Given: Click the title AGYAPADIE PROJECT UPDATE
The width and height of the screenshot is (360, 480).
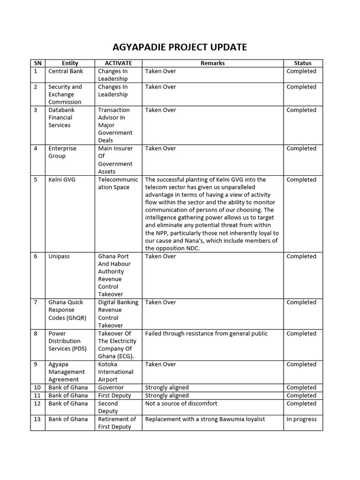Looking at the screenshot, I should pos(180,47).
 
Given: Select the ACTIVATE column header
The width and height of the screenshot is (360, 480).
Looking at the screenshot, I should pos(118,63).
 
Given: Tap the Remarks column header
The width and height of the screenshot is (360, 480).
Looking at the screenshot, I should pos(212,63).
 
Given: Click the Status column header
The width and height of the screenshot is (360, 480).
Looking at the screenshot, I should pos(302,63).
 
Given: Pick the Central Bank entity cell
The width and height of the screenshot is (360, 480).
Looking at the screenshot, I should pos(66,71).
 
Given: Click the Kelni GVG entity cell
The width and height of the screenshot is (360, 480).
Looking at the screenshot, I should pos(62,180).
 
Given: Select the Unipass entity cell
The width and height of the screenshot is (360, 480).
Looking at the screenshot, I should pos(60,256).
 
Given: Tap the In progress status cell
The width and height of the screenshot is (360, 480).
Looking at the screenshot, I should pos(301,419).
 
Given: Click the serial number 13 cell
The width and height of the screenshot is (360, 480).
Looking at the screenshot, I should pos(37,419).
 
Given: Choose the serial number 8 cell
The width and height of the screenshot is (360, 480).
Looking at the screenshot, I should pos(36,334).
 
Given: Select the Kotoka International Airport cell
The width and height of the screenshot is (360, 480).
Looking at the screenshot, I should pos(115,372).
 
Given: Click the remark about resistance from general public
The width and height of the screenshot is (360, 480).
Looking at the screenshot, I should pos(206,334).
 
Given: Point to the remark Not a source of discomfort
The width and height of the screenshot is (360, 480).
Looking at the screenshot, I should pos(181,404).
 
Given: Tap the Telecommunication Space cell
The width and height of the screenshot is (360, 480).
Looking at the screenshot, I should pos(118,183).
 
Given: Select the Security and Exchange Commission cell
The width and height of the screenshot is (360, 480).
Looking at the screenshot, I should pos(65,94).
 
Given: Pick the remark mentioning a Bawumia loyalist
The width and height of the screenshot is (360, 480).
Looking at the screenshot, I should pos(205,419).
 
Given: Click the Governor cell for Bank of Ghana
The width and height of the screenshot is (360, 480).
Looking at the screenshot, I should pos(111,388).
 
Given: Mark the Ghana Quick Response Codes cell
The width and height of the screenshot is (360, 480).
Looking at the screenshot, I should pos(67,310).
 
